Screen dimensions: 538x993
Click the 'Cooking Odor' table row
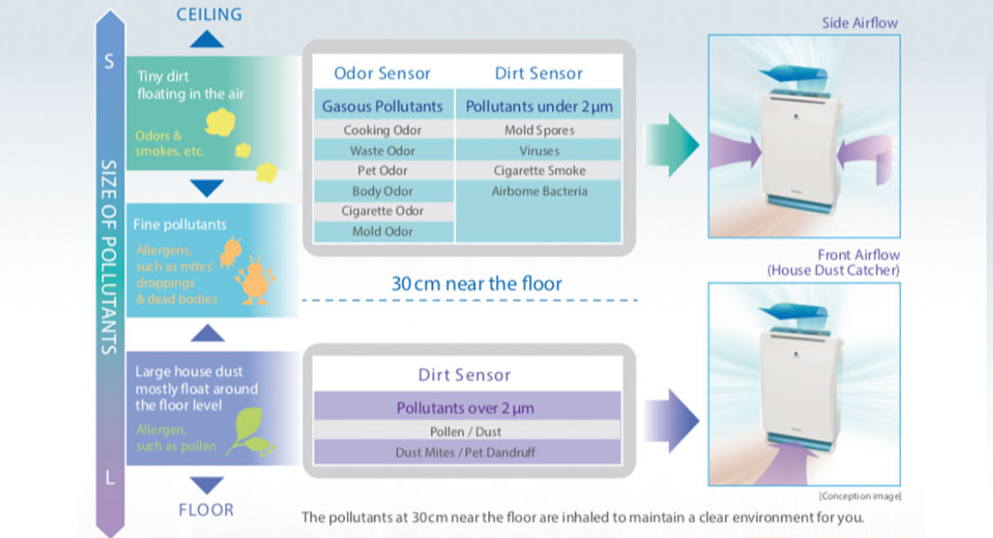click(x=382, y=130)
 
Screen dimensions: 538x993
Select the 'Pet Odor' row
click(x=382, y=171)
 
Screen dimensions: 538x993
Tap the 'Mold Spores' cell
click(x=539, y=130)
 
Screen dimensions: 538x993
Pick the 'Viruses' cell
click(x=539, y=151)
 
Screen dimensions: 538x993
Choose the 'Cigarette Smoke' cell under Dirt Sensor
click(x=539, y=171)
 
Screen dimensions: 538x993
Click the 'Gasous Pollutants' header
click(x=382, y=106)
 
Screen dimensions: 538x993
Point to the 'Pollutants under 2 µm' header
click(x=539, y=106)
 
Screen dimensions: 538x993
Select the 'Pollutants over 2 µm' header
click(x=465, y=408)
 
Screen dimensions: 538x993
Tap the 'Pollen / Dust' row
click(x=465, y=431)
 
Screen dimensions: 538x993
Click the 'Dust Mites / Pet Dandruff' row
click(x=465, y=452)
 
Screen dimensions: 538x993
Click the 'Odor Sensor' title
click(x=382, y=73)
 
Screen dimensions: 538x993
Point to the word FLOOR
click(x=206, y=510)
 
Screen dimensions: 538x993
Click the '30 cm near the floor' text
click(x=476, y=284)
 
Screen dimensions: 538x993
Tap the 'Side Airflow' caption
click(x=859, y=23)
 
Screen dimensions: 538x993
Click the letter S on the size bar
click(x=108, y=62)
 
